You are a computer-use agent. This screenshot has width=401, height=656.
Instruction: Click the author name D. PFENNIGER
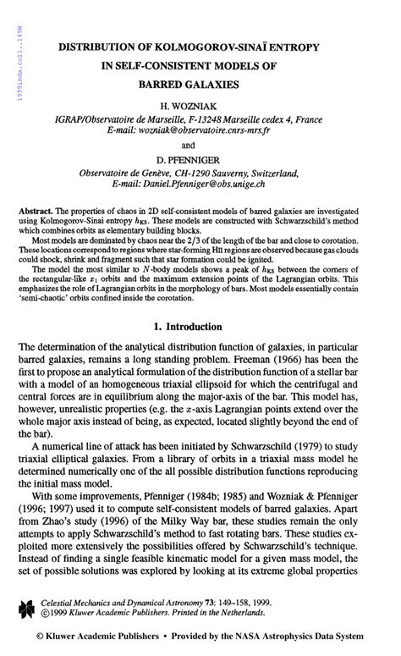click(x=200, y=158)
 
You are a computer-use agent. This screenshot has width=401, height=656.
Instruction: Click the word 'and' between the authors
click(x=200, y=145)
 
